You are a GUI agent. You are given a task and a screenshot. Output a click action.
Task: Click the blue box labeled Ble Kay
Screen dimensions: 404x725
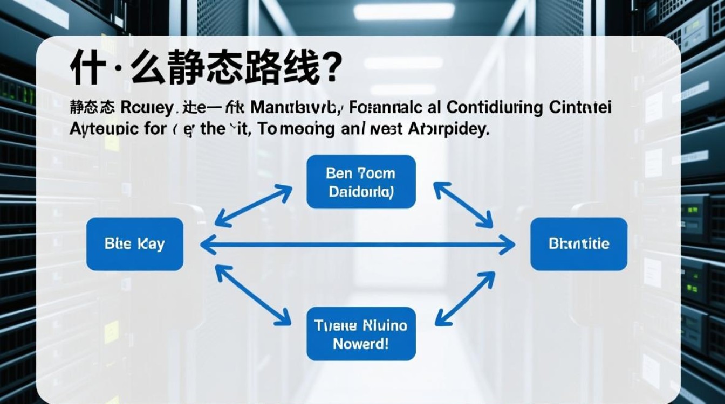click(135, 244)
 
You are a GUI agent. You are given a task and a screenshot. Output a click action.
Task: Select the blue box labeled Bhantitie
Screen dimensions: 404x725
click(579, 244)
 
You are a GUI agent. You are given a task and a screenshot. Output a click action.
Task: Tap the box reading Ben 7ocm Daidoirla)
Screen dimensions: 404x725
click(361, 182)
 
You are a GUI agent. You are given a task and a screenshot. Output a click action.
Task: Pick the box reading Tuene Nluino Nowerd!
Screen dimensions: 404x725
click(361, 334)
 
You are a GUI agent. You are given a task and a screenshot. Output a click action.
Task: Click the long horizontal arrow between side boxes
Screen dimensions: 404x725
click(358, 246)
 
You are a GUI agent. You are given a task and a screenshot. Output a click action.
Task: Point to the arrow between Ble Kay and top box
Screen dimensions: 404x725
click(254, 205)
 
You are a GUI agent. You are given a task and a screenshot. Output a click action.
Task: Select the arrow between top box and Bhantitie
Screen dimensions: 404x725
click(463, 204)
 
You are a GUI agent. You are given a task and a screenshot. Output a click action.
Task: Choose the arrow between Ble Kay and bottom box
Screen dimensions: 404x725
click(253, 296)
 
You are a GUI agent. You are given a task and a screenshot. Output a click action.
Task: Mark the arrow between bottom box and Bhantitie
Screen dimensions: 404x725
click(464, 298)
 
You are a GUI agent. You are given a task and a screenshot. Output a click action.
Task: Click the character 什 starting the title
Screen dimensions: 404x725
click(86, 69)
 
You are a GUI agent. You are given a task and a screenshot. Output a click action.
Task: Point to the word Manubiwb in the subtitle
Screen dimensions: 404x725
click(296, 108)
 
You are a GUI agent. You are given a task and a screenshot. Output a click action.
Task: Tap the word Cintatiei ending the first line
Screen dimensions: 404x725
click(580, 108)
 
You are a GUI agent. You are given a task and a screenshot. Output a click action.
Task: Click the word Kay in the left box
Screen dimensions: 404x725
click(151, 244)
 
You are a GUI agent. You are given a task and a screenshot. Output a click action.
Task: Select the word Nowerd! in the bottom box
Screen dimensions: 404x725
click(361, 344)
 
